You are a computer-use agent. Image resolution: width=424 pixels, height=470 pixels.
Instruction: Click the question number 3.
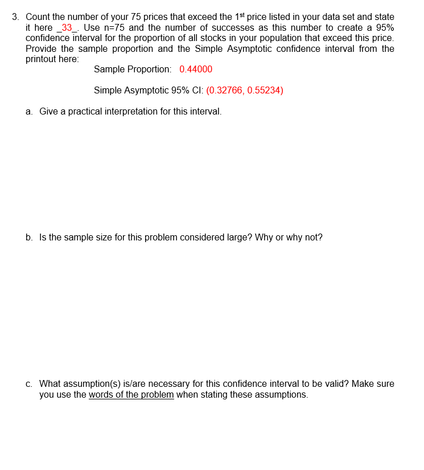click(17, 17)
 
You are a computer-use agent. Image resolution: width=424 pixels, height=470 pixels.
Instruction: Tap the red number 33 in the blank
click(67, 28)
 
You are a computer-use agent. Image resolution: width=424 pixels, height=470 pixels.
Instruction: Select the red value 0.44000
click(196, 70)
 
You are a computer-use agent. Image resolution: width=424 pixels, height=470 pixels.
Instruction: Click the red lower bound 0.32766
click(225, 91)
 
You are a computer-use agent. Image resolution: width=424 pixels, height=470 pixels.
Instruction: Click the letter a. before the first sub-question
click(29, 112)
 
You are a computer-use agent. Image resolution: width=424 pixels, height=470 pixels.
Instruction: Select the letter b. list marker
click(29, 238)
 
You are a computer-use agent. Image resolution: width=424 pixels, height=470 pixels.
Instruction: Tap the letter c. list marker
click(29, 384)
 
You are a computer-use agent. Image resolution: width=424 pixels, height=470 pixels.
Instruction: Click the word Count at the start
click(38, 17)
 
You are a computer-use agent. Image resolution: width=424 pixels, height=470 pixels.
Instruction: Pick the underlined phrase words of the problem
click(131, 395)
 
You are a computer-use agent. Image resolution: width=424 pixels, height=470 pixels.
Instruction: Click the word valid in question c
click(335, 384)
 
